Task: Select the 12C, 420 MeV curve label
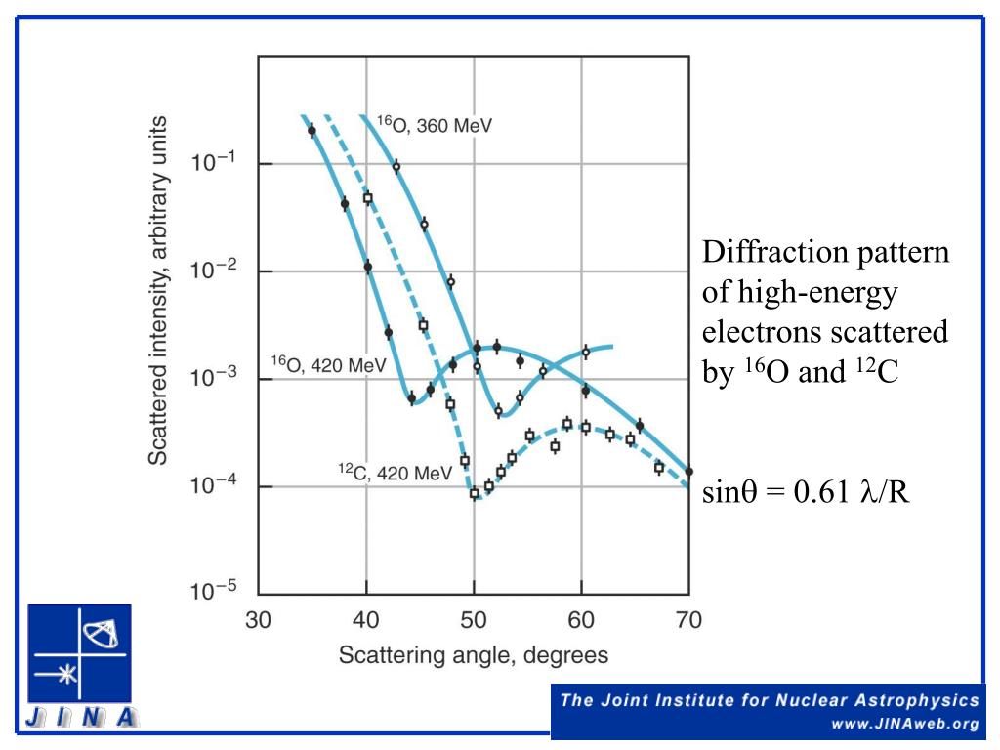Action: [x=395, y=474]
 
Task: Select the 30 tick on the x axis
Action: [x=258, y=619]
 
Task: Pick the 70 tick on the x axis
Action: [x=689, y=619]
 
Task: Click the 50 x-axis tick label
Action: [x=474, y=619]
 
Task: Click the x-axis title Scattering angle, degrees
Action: [x=474, y=654]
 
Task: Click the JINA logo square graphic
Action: [x=80, y=654]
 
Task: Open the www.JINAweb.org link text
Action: [x=904, y=724]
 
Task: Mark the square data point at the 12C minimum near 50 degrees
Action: [x=475, y=494]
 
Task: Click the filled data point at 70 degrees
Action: [x=689, y=471]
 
